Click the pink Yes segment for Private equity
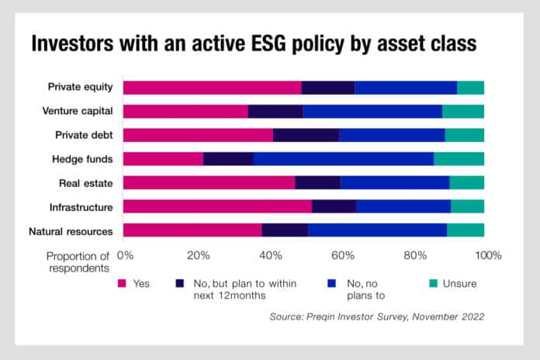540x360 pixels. point(212,88)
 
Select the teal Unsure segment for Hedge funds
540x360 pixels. point(459,159)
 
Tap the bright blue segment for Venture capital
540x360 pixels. point(372,111)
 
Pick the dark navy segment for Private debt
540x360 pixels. point(306,135)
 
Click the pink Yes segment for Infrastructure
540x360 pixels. point(217,206)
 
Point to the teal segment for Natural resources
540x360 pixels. point(466,230)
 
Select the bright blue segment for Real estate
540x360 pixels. point(395,183)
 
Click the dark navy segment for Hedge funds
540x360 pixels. point(228,159)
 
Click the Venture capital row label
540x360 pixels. point(78,111)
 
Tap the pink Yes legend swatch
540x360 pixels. point(121,284)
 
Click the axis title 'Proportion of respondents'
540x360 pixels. point(78,261)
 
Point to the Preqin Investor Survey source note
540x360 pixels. point(376,317)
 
